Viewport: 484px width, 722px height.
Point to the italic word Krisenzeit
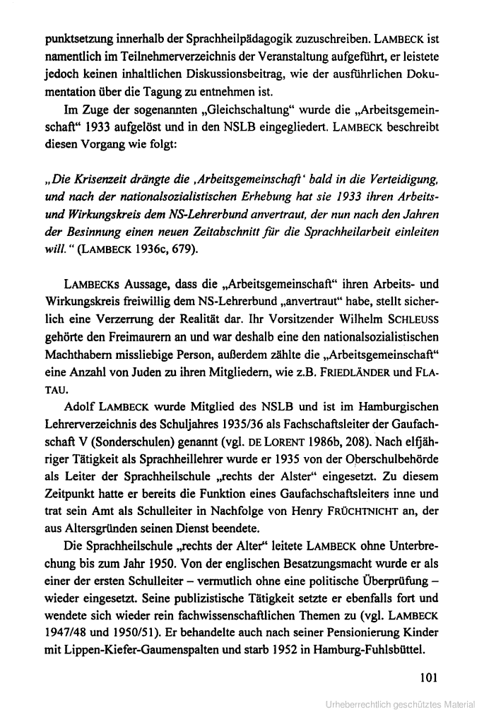pyautogui.click(x=97, y=172)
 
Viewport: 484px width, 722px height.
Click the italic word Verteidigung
pyautogui.click(x=399, y=172)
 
